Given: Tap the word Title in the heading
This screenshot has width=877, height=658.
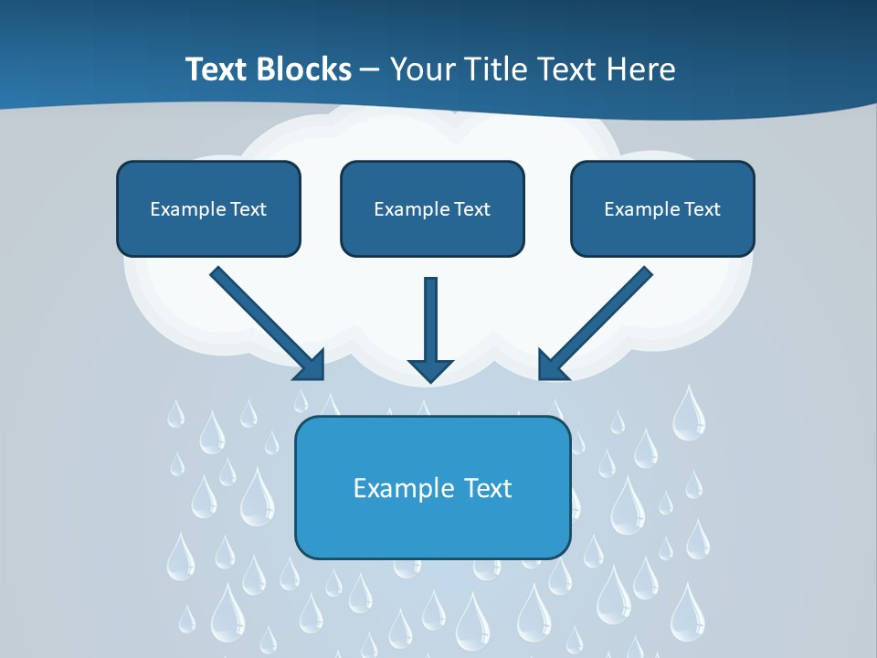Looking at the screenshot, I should tap(498, 69).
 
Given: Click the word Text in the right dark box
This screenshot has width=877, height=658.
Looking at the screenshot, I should tap(703, 209).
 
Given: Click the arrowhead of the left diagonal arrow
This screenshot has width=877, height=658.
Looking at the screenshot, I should tap(311, 366).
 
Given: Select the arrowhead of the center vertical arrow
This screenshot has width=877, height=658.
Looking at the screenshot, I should tap(431, 370).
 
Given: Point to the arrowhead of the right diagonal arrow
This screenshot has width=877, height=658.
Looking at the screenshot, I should tap(552, 366).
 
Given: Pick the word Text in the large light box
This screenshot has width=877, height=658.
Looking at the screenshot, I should tap(489, 488).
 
